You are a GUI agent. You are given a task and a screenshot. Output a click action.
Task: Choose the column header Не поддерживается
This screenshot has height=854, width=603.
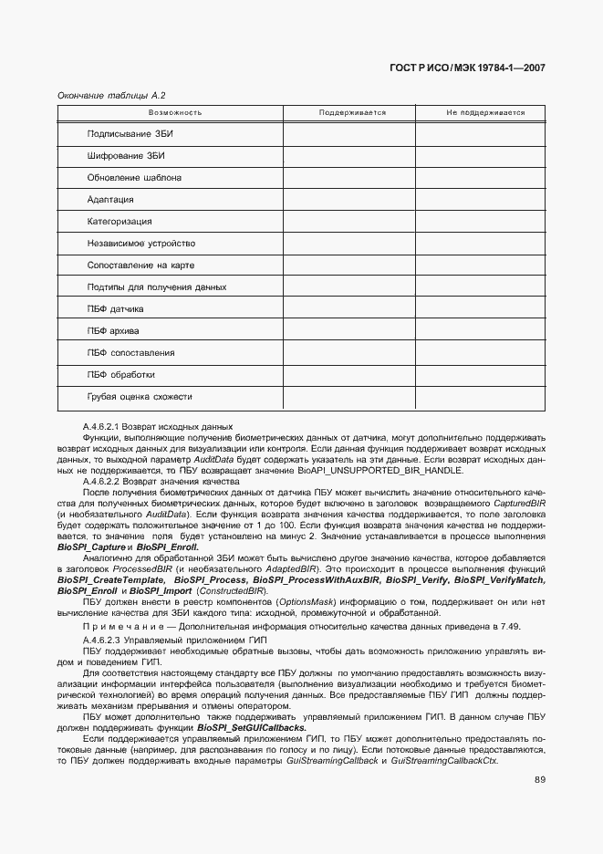(485, 112)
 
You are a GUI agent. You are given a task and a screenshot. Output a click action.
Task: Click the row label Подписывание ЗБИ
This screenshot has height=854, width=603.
(130, 134)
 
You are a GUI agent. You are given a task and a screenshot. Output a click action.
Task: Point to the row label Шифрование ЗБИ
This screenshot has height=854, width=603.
(126, 156)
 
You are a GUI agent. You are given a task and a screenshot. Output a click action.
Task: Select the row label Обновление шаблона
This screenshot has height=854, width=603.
(134, 178)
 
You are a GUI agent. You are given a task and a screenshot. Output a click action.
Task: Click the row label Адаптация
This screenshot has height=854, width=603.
(110, 200)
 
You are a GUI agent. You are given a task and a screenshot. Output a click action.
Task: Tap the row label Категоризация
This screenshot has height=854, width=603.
(120, 222)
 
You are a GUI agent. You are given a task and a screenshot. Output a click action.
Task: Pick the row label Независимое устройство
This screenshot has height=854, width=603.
(141, 244)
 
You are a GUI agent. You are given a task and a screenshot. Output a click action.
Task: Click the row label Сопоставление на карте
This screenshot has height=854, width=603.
(141, 266)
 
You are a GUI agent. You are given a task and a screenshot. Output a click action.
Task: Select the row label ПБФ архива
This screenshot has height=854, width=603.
(113, 331)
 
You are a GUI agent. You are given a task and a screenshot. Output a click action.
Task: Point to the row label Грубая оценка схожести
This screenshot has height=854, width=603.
(140, 397)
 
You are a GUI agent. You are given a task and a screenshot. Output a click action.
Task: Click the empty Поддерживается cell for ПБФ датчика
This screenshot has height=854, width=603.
(349, 309)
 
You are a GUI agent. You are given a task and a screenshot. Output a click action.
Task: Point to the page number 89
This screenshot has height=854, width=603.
(540, 778)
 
